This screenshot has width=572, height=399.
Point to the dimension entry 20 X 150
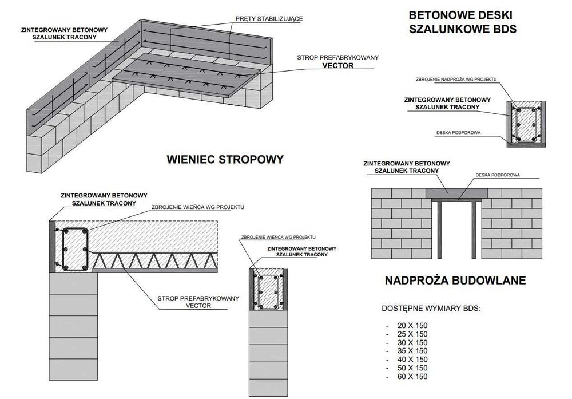click(x=412, y=325)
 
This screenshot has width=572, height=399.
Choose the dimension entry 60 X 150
click(x=412, y=377)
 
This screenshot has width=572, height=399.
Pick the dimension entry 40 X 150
click(x=412, y=360)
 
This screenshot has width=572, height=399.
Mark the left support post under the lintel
click(x=439, y=228)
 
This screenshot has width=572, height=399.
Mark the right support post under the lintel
click(x=474, y=228)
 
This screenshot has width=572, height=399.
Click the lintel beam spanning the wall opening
click(x=457, y=193)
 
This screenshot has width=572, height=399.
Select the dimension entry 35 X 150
click(x=412, y=351)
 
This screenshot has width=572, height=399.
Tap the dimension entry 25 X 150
click(x=412, y=334)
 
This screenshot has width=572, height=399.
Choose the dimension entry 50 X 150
click(x=412, y=368)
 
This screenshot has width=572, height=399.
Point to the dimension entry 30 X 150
click(x=412, y=342)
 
